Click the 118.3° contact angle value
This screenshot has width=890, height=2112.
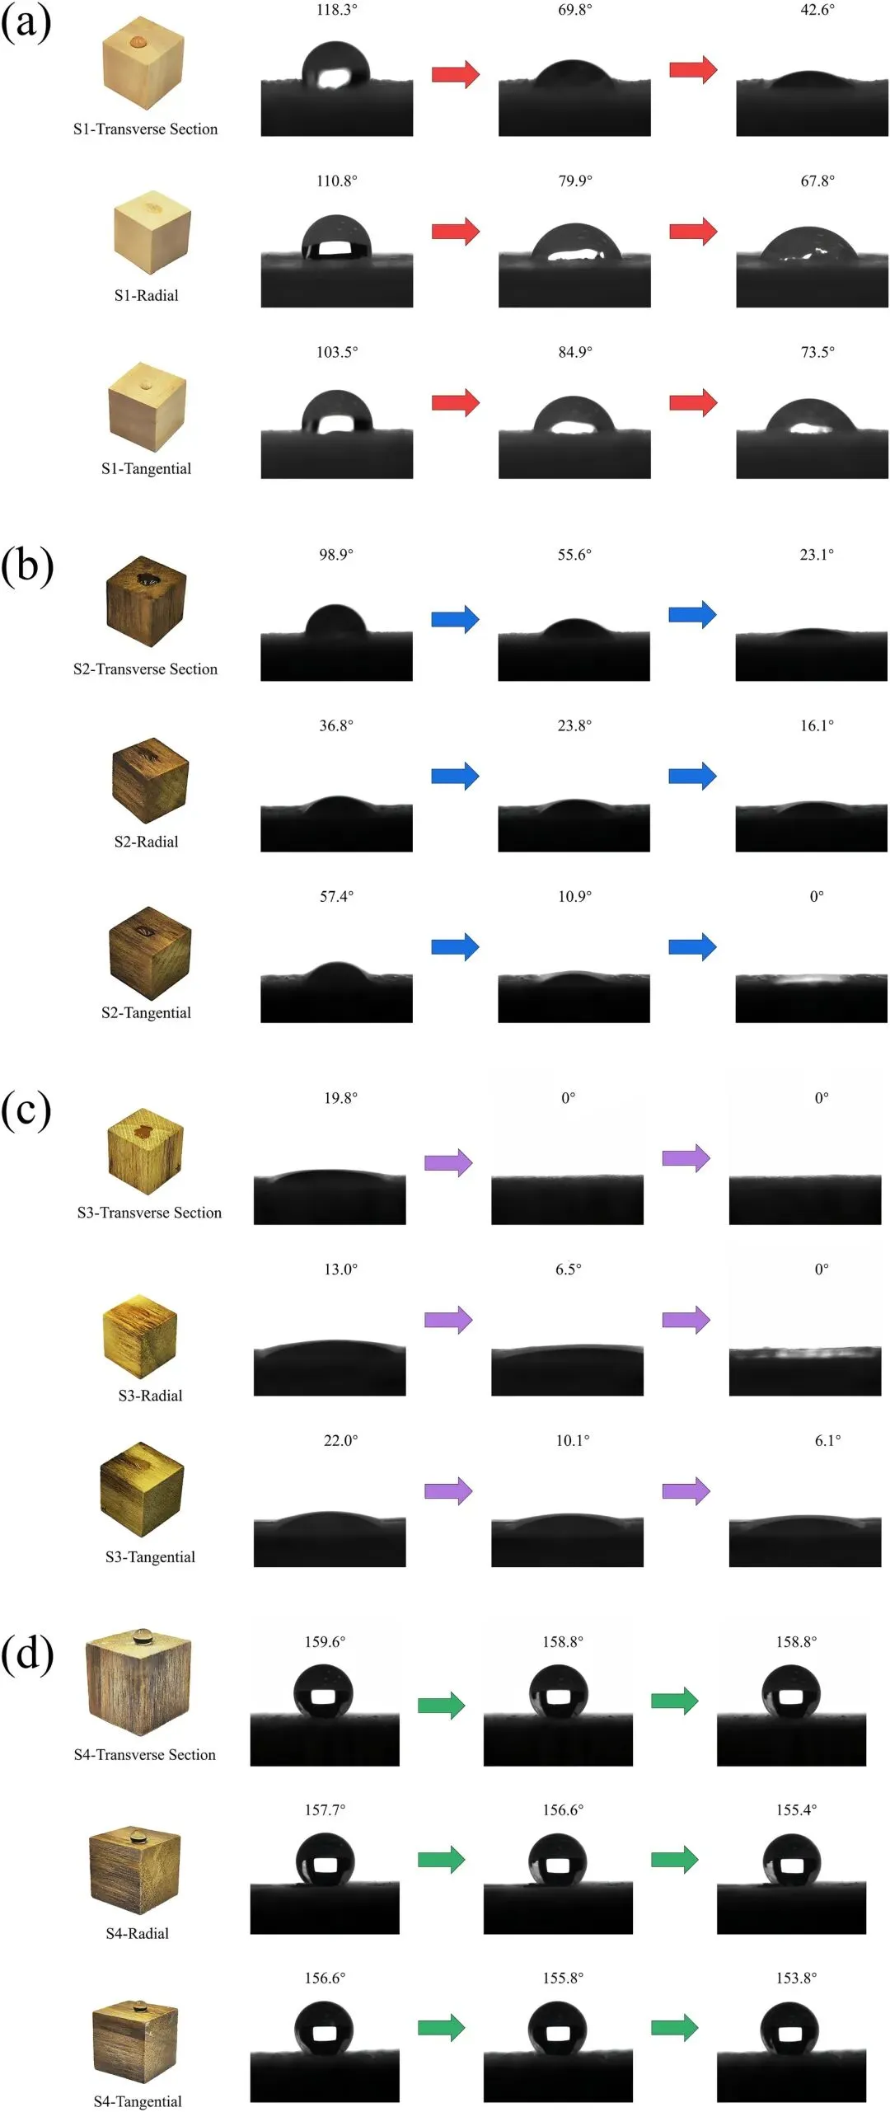click(337, 10)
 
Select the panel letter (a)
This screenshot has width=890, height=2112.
click(26, 22)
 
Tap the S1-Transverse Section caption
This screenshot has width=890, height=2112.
click(146, 129)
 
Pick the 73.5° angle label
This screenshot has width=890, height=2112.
click(817, 352)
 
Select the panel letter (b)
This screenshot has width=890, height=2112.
click(27, 566)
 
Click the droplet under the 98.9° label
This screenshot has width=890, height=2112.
click(335, 622)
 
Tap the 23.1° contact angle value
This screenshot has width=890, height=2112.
click(817, 555)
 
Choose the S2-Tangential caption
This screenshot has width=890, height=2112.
click(146, 1012)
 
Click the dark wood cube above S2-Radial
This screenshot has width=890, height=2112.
click(150, 780)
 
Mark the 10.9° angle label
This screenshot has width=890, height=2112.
click(574, 896)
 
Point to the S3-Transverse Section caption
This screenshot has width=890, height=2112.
click(149, 1213)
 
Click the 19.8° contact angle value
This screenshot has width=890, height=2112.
click(340, 1098)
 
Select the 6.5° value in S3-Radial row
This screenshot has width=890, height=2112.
click(568, 1269)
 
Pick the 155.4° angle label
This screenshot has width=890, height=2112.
click(796, 1809)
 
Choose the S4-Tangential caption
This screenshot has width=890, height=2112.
click(138, 2101)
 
